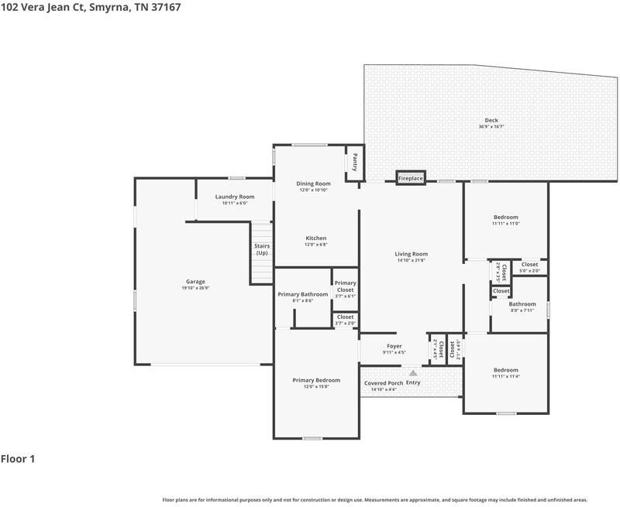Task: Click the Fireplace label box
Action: [411, 179]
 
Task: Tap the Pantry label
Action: [355, 163]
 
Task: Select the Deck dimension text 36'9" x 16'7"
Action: [491, 127]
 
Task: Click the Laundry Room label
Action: [234, 197]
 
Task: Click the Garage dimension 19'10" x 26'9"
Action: [195, 288]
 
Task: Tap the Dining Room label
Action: [313, 183]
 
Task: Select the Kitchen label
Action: [315, 238]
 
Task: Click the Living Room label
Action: [412, 254]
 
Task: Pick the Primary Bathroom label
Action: [303, 294]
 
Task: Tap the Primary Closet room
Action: [345, 289]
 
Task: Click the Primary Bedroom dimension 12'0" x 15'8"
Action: [316, 386]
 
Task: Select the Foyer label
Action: [394, 346]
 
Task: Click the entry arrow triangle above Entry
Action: [413, 372]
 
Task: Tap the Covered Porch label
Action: [383, 383]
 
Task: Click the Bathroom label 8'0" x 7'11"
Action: [522, 310]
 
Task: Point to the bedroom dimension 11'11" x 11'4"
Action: [505, 376]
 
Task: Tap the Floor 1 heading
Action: [19, 459]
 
